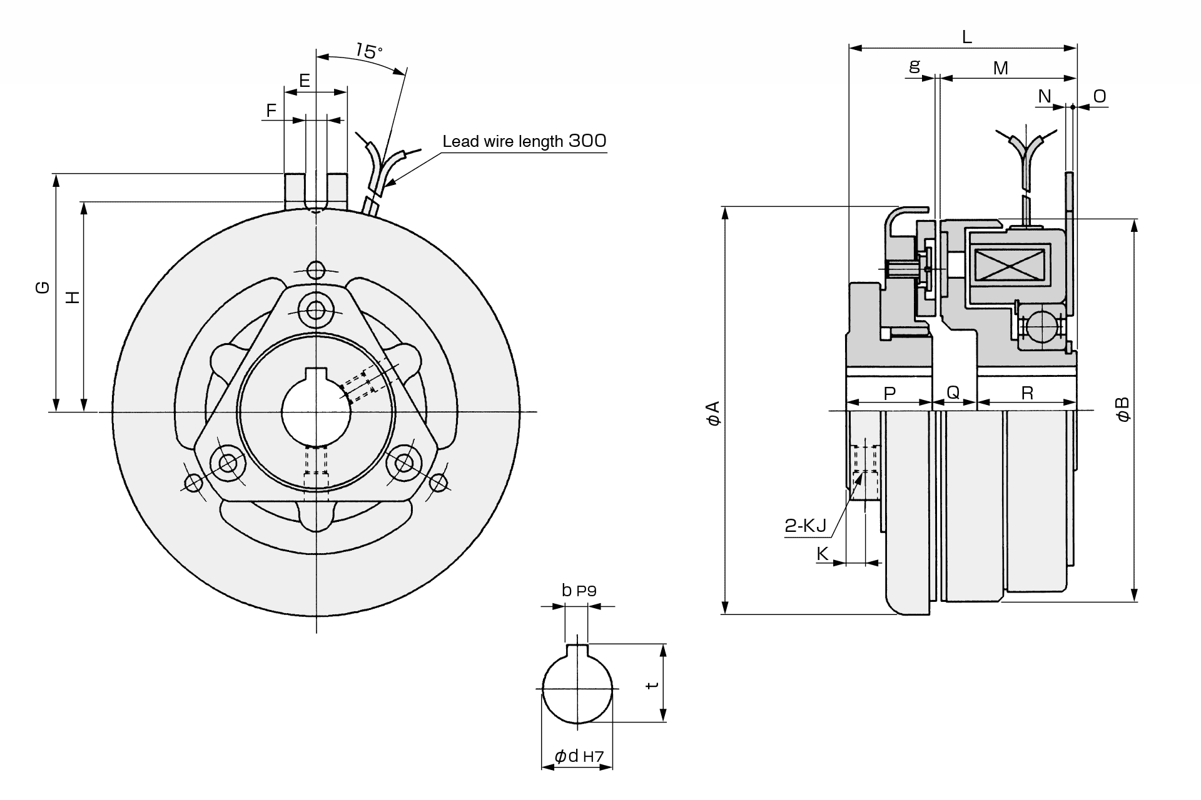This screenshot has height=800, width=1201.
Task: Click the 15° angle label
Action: (369, 50)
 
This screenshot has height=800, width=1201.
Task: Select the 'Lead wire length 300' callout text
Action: (524, 141)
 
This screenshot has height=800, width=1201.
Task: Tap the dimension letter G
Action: (42, 287)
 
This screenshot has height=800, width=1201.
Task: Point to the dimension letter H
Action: (74, 297)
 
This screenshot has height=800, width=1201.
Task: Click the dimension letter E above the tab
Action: (305, 81)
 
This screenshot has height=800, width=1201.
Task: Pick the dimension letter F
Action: (271, 111)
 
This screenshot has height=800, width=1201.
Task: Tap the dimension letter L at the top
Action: (967, 37)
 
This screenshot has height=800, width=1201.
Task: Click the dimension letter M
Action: (1001, 68)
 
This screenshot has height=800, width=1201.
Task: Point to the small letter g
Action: (915, 66)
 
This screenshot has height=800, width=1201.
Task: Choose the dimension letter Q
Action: (953, 392)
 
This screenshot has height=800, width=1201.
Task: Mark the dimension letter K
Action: (823, 554)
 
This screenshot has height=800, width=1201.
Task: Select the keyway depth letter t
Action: (652, 685)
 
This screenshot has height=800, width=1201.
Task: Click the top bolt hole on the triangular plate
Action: (317, 309)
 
